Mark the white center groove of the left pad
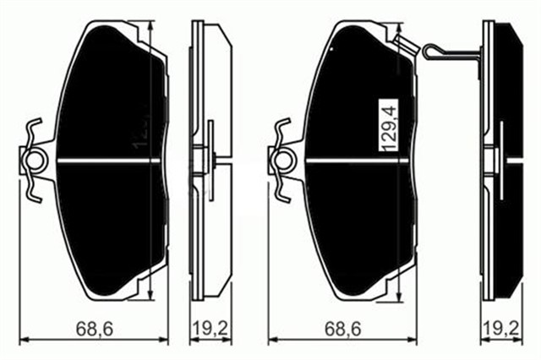click(x=110, y=161)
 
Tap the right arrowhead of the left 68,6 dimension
click(x=166, y=340)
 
